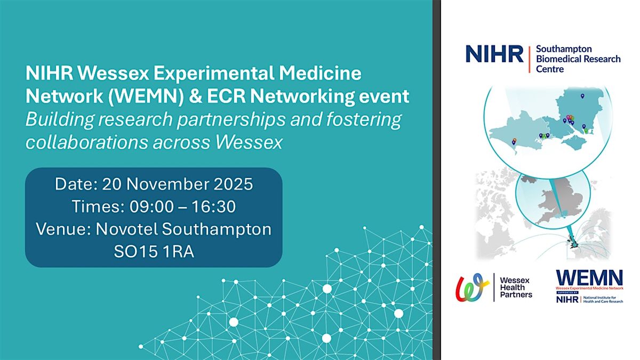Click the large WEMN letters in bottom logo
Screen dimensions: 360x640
coord(589,278)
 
